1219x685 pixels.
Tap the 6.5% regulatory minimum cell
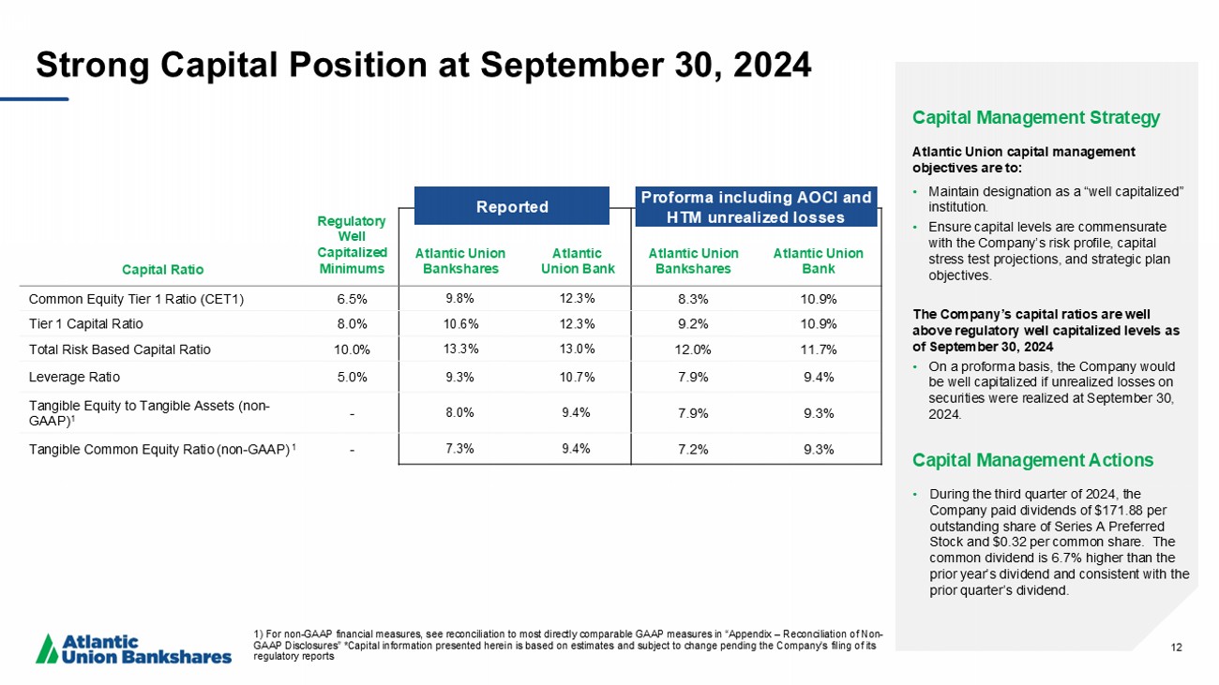[352, 300]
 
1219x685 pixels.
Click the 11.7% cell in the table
[819, 350]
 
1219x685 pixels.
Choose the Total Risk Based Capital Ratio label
[120, 350]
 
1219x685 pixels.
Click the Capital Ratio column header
[163, 269]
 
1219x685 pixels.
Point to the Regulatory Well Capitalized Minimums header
[352, 245]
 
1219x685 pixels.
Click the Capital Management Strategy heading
[1036, 118]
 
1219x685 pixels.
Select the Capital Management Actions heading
[1032, 460]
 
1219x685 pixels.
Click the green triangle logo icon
[47, 648]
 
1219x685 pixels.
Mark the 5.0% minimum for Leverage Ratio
[352, 377]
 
